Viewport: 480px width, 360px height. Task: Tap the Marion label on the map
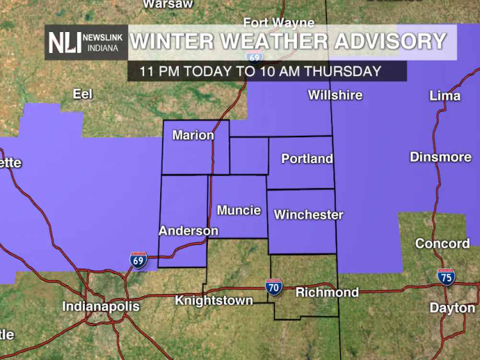coord(193,135)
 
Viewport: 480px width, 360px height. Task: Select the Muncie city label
coord(239,210)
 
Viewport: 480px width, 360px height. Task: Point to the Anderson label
coord(188,231)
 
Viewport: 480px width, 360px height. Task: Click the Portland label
coord(307,158)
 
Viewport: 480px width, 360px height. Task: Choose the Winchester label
coord(308,215)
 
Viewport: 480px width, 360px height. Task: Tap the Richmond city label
coord(327,292)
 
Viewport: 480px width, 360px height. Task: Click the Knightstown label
coord(214,300)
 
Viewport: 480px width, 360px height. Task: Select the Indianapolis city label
coord(101,306)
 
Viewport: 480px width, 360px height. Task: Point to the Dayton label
coord(452,308)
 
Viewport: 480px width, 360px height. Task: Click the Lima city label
coord(444,96)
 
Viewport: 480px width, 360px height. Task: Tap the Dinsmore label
coord(440,157)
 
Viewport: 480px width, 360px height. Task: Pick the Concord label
coord(442,243)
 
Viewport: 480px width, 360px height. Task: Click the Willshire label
coord(335,95)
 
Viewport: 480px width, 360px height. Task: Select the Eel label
coord(82,94)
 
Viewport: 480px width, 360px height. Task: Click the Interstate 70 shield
coord(274,287)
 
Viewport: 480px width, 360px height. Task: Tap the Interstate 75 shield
coord(446,277)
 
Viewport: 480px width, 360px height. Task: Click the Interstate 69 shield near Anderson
coord(138,260)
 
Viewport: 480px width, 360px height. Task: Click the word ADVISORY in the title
coord(390,41)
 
